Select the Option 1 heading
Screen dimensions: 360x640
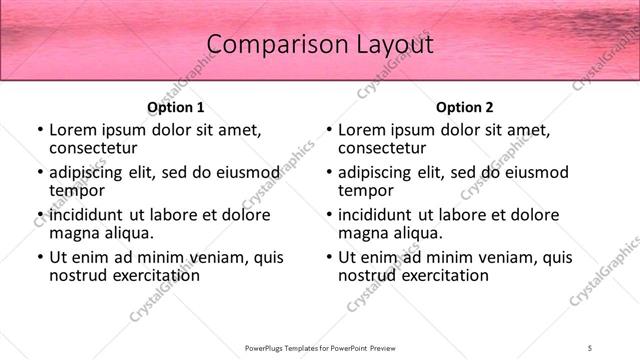175,107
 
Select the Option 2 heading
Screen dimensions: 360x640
464,107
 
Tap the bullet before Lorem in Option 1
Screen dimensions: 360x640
40,130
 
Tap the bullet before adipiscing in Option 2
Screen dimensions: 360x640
329,172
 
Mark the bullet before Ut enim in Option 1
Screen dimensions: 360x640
40,257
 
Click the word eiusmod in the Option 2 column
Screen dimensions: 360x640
534,172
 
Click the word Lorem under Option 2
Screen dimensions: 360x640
362,130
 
